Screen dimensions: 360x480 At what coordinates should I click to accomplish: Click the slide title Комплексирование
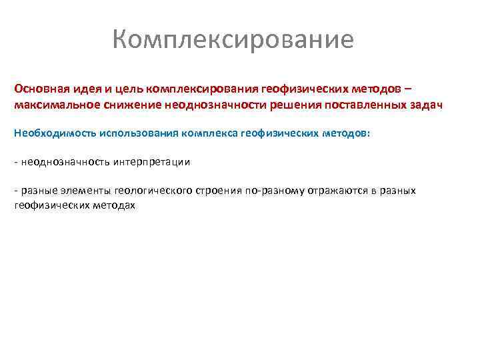(x=233, y=40)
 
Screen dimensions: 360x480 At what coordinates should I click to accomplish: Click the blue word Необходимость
(x=54, y=133)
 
